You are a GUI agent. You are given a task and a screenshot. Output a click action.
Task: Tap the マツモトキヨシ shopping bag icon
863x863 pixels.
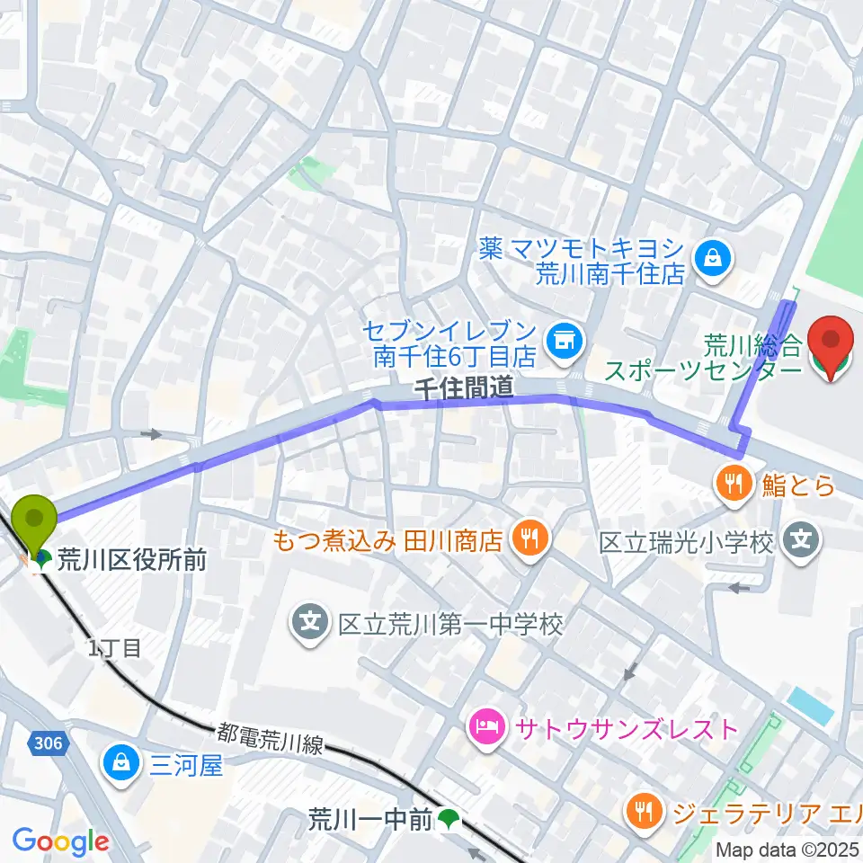pyautogui.click(x=713, y=257)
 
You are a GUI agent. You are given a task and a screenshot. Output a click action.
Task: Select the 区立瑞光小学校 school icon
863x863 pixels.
pyautogui.click(x=800, y=541)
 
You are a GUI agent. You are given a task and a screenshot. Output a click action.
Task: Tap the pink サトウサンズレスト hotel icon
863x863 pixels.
pyautogui.click(x=485, y=726)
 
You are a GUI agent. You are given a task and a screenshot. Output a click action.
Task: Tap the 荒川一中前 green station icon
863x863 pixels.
pyautogui.click(x=449, y=819)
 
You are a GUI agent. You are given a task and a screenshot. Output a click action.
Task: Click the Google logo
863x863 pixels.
pyautogui.click(x=60, y=841)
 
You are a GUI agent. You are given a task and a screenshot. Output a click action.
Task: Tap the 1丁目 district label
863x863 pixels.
pyautogui.click(x=114, y=648)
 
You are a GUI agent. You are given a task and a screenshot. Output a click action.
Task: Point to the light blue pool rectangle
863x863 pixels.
pyautogui.click(x=812, y=705)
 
